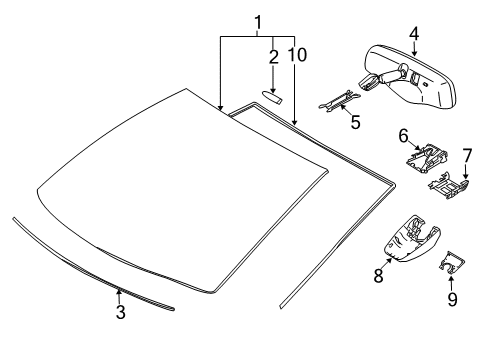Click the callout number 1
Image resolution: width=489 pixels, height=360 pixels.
(x=257, y=22)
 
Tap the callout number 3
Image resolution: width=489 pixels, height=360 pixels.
(x=120, y=312)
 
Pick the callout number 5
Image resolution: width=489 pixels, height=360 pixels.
(x=353, y=125)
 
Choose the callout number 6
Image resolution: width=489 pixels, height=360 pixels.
(x=404, y=134)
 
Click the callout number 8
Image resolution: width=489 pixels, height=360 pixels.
(x=379, y=273)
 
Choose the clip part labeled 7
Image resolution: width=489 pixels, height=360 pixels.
(x=449, y=184)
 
